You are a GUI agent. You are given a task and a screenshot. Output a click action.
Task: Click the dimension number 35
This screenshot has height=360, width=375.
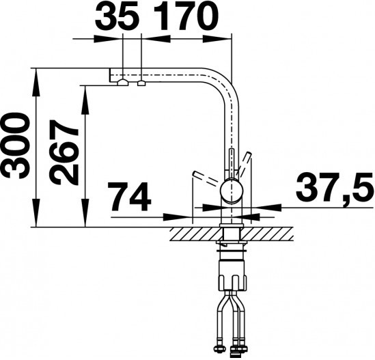117,16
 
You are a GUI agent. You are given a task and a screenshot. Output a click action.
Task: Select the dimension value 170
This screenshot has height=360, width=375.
186,16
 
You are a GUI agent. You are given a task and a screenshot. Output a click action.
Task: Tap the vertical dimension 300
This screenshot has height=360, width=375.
15,146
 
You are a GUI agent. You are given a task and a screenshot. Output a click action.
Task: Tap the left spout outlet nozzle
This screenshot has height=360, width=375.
123,83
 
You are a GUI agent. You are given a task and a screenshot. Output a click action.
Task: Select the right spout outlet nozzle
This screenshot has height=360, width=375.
141,83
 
